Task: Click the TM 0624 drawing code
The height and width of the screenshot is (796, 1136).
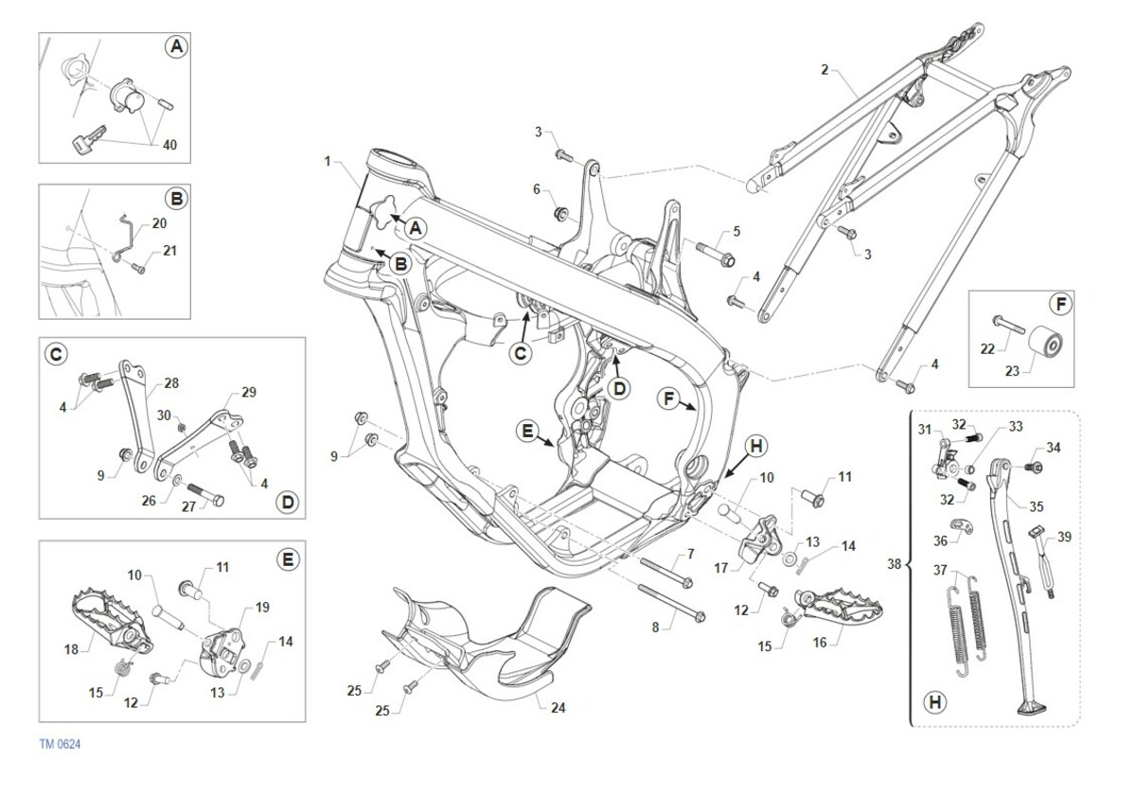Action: (60, 745)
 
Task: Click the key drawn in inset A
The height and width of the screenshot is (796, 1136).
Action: (83, 143)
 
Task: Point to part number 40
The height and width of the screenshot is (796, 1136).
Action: (169, 145)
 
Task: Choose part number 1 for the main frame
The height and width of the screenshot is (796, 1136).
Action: (328, 162)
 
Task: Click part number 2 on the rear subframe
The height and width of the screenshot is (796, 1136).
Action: (825, 69)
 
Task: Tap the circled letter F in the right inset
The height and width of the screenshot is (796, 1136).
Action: (1061, 305)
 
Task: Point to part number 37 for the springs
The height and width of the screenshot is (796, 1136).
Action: (939, 571)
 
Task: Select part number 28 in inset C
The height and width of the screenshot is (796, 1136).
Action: (170, 382)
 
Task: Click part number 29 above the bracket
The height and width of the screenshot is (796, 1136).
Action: (248, 391)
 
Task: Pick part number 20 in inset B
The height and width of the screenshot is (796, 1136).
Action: (158, 222)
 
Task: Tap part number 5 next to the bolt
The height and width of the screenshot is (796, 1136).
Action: (736, 231)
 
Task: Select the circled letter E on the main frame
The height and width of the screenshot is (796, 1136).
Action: (527, 432)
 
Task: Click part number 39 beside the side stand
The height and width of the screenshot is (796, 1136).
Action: (1065, 537)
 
